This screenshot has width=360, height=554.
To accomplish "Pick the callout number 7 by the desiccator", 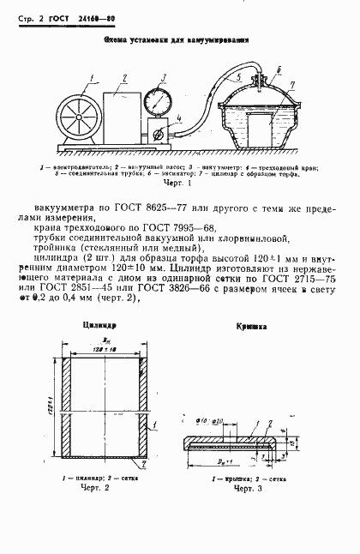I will pos(294,85).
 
